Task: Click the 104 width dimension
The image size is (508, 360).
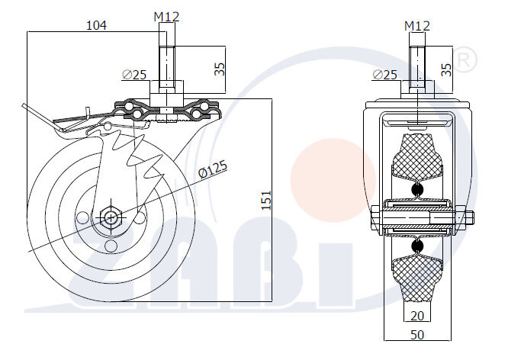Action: (95, 25)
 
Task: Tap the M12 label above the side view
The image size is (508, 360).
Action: (166, 16)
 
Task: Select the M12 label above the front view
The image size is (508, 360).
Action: (417, 25)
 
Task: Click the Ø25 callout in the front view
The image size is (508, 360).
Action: (385, 74)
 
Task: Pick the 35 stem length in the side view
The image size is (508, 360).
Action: (219, 68)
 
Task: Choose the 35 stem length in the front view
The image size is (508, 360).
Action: (447, 68)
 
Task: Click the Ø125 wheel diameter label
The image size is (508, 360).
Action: (213, 169)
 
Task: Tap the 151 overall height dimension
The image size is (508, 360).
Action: (265, 200)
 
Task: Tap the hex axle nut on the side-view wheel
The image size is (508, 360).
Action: (111, 217)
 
